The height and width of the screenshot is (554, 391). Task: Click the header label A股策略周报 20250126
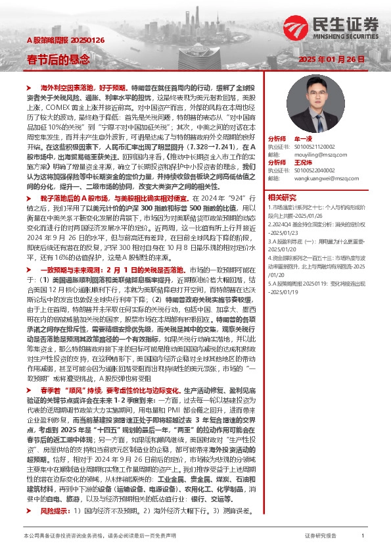57,39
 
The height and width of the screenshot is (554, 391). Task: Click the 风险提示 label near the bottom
54,510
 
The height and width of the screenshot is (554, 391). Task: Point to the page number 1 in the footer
363,536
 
